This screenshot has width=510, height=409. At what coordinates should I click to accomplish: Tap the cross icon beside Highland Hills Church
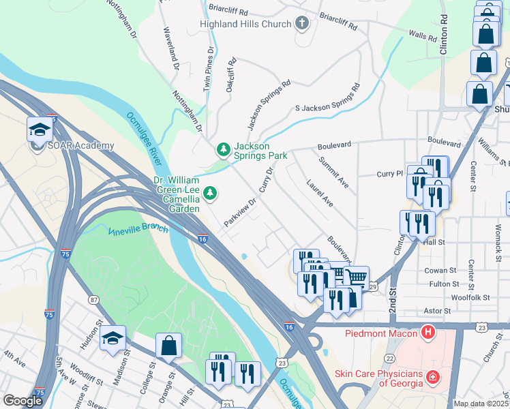pos(302,23)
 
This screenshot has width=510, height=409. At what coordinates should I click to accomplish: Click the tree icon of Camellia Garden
pos(211,194)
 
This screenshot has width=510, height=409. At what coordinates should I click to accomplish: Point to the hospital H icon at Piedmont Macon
pos(427,333)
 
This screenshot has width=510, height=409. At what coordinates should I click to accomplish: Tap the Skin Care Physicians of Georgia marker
pos(432,376)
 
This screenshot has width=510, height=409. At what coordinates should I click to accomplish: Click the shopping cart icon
pos(355,278)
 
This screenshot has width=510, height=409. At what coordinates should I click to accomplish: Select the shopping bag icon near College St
pos(168,346)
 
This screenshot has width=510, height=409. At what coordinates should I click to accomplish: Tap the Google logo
pos(22,401)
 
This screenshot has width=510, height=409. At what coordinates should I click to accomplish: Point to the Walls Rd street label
pos(421,35)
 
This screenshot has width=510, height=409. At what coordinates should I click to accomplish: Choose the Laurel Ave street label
pos(320,193)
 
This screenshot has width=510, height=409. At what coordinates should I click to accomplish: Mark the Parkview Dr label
pos(240,212)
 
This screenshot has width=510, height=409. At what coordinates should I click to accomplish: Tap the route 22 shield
pos(389,358)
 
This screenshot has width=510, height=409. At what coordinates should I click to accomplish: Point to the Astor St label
pos(437,311)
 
